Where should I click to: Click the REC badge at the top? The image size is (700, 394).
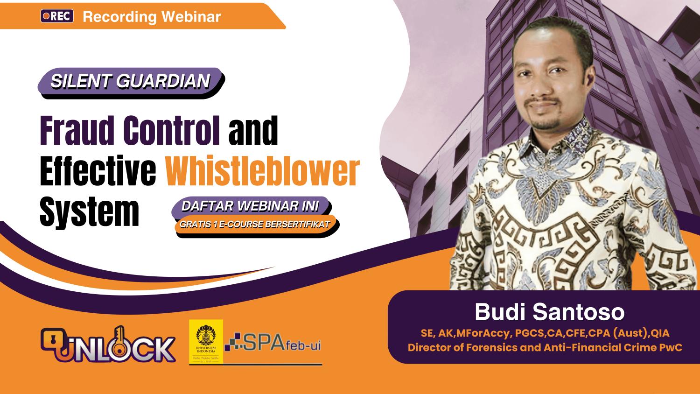[x=57, y=16]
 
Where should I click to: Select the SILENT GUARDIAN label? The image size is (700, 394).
[x=130, y=81]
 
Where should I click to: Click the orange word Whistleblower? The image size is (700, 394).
[x=263, y=171]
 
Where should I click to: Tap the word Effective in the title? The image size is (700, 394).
[x=98, y=171]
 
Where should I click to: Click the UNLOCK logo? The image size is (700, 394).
[x=108, y=345]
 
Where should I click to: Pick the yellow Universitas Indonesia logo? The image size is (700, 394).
[x=205, y=342]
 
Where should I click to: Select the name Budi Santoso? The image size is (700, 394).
[x=549, y=312]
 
